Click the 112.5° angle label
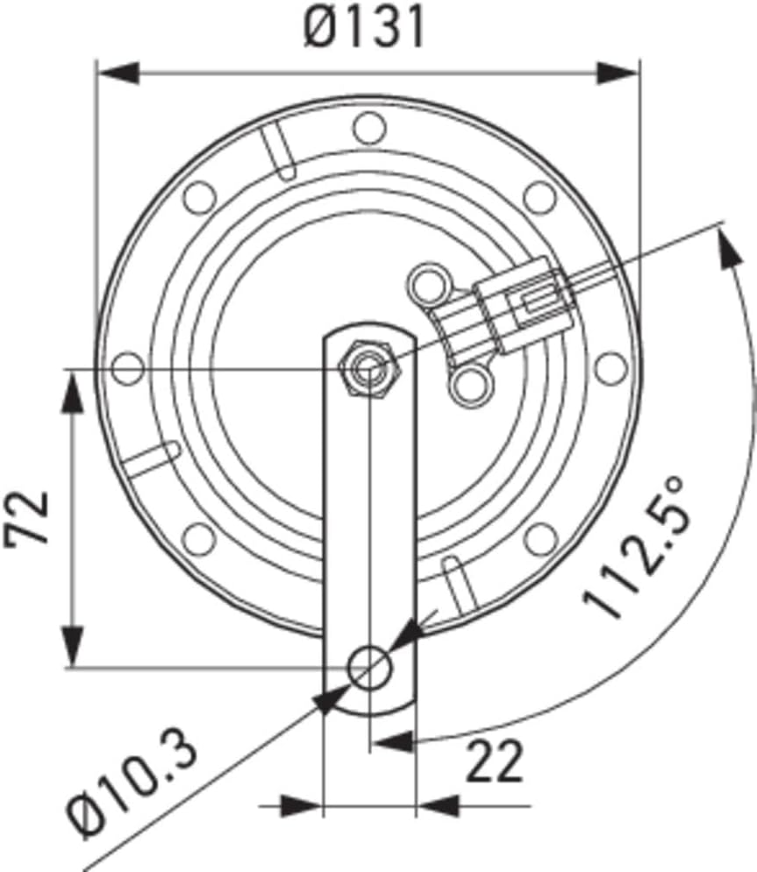(636, 547)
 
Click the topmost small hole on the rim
(369, 128)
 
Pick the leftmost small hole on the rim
(129, 368)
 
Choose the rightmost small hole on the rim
(611, 368)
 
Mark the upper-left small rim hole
(199, 196)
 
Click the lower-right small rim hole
(541, 538)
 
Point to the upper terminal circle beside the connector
(429, 283)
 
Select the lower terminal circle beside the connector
(471, 383)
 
